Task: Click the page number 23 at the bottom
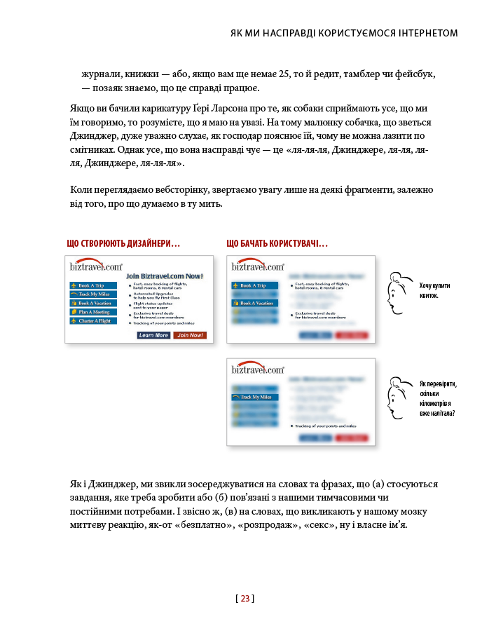245,598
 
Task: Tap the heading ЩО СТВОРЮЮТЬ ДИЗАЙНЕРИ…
123,244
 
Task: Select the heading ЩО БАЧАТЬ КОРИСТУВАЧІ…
277,244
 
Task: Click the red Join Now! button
190,335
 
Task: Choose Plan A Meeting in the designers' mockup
92,311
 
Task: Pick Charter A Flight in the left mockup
92,320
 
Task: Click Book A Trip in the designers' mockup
92,285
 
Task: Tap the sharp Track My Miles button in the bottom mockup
254,397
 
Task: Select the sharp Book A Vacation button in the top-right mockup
254,303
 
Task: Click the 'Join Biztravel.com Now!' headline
165,276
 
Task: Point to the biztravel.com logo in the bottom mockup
257,369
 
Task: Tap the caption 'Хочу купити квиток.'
434,290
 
